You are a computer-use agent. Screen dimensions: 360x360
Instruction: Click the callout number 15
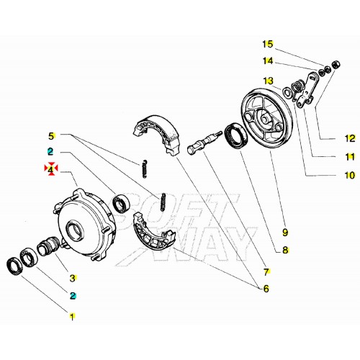pyautogui.click(x=268, y=44)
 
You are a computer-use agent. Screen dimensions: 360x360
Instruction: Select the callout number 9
pyautogui.click(x=285, y=233)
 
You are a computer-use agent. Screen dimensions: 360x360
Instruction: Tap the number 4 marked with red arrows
pyautogui.click(x=50, y=169)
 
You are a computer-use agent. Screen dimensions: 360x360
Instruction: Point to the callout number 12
pyautogui.click(x=350, y=138)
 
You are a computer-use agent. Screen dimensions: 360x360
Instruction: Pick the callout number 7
pyautogui.click(x=266, y=272)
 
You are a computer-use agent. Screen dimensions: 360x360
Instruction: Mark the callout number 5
pyautogui.click(x=51, y=136)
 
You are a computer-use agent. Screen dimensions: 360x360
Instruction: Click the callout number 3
pyautogui.click(x=73, y=278)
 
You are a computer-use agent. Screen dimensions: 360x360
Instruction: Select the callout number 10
pyautogui.click(x=350, y=175)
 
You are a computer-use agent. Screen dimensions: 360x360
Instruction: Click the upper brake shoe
pyautogui.click(x=156, y=135)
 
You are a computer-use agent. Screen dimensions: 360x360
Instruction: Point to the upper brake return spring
pyautogui.click(x=144, y=169)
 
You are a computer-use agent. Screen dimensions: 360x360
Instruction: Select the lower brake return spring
pyautogui.click(x=163, y=202)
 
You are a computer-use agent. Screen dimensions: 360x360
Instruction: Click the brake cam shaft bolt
pyautogui.click(x=204, y=142)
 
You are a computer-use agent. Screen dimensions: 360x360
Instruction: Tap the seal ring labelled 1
pyautogui.click(x=14, y=266)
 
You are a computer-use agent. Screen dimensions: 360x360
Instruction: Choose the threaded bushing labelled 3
pyautogui.click(x=48, y=246)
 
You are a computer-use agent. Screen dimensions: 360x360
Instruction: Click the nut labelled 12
pyautogui.click(x=336, y=65)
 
